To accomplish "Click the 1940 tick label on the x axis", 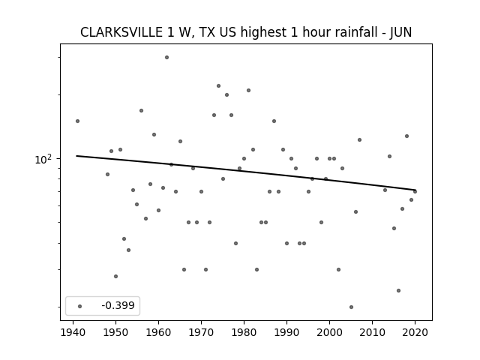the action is point(73,332).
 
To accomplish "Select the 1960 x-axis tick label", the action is point(158,332).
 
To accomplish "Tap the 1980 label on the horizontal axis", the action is point(244,332).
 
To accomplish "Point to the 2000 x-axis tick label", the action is point(329,332).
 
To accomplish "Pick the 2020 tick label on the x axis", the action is point(415,332).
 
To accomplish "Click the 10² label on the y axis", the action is point(43,159).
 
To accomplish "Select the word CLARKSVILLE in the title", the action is point(121,32).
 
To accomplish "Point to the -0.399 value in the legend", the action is point(118,305).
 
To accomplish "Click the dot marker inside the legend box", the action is point(80,306).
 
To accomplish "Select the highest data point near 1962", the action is point(166,57).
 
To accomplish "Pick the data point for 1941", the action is point(77,121).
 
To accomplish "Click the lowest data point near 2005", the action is point(351,307).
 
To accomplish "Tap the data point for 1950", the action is point(115,277).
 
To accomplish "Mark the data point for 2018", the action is point(406,136).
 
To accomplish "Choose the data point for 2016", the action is point(398,290).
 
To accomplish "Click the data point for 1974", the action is point(218,86).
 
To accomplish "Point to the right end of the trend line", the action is point(415,190).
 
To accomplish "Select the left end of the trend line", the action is point(76,156).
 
